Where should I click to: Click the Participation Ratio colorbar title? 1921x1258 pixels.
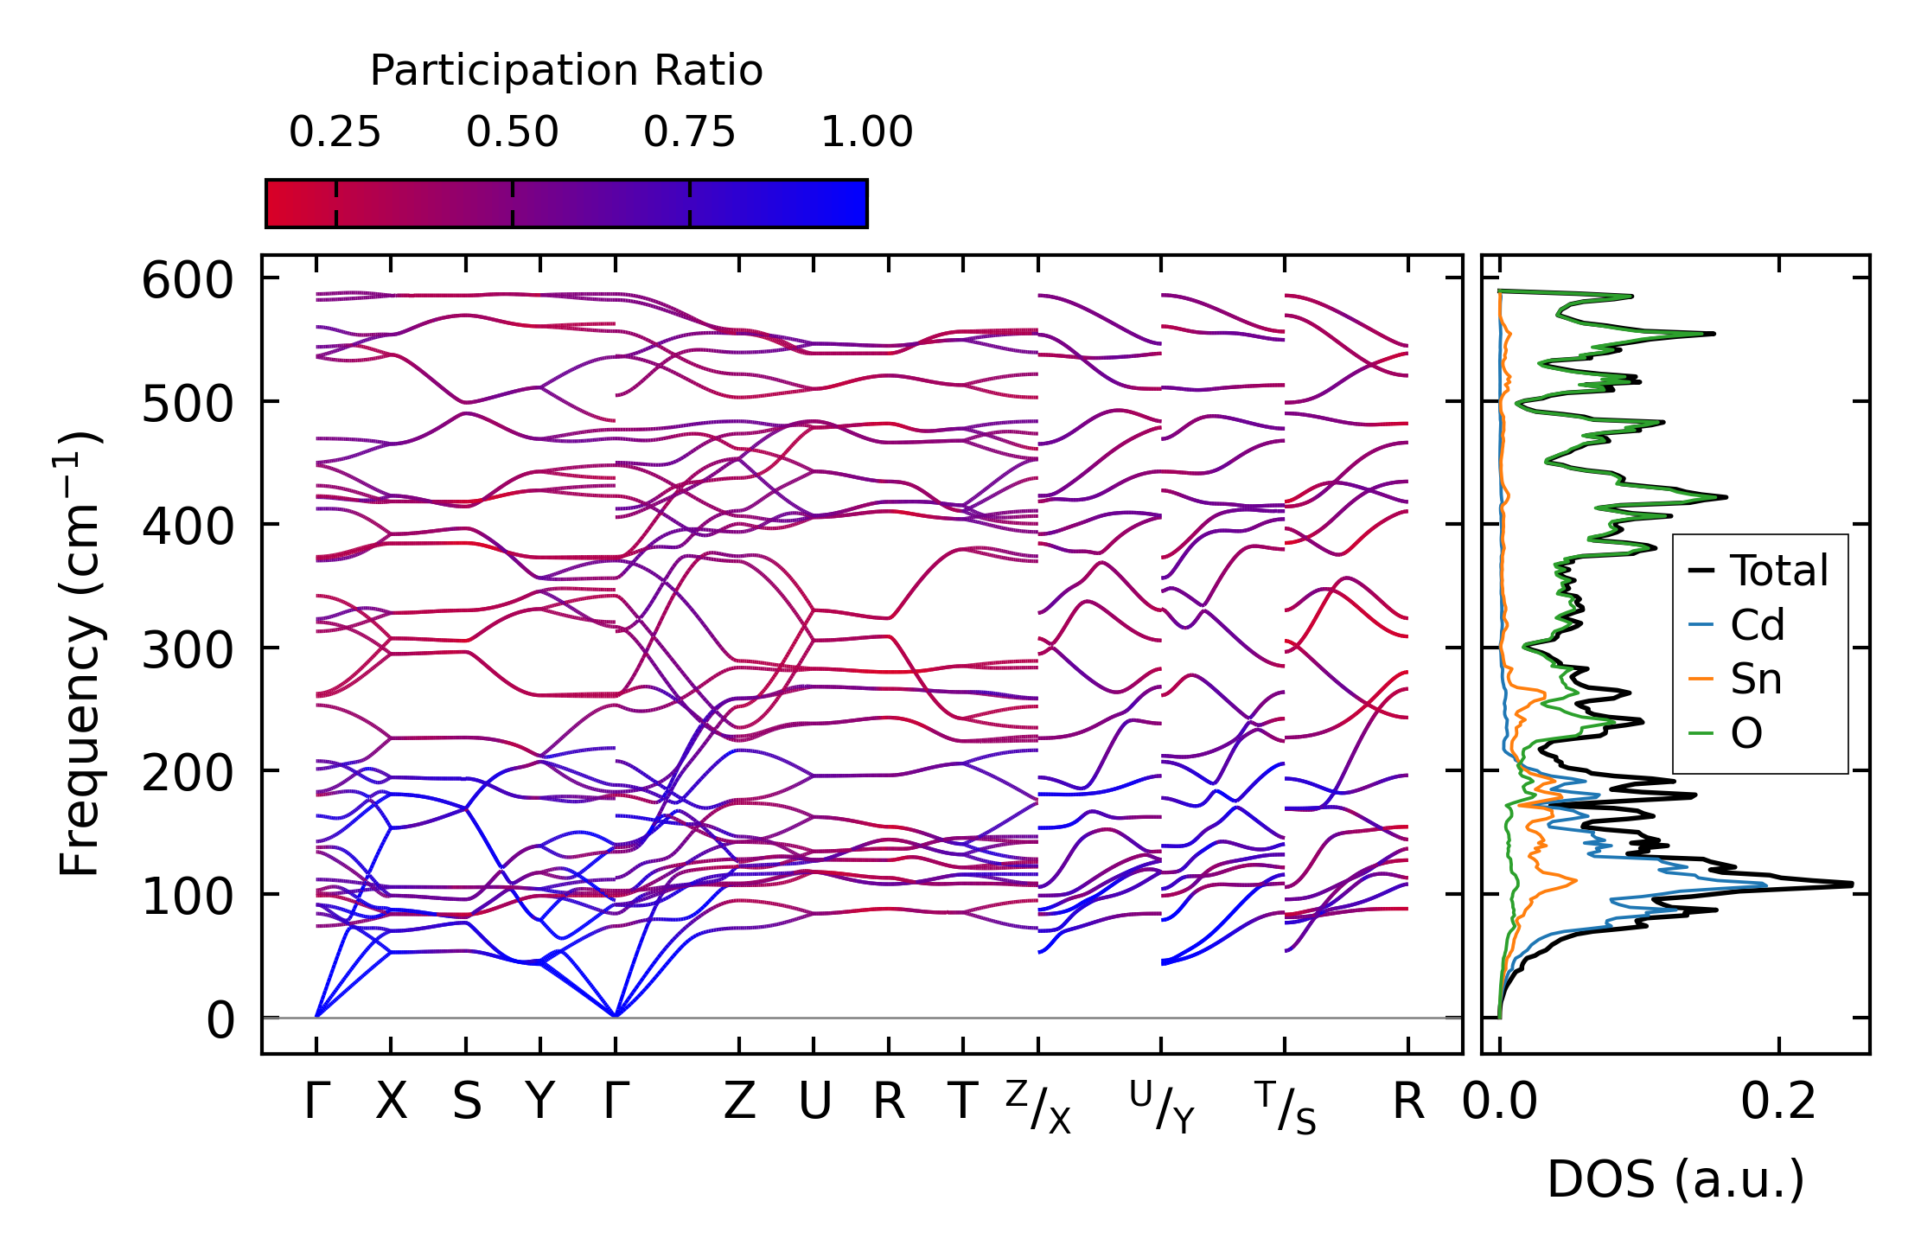click(566, 71)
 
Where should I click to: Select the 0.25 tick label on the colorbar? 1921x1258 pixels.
click(335, 132)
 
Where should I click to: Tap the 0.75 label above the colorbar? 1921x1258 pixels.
click(689, 132)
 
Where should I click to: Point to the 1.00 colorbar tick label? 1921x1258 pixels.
click(866, 132)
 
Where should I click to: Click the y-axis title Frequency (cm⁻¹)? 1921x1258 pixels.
click(80, 653)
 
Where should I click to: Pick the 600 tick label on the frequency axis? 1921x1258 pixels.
click(188, 281)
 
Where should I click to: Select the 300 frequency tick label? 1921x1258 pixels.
click(188, 650)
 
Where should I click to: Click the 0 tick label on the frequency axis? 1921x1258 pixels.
click(220, 1020)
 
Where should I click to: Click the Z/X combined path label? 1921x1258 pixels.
click(1038, 1108)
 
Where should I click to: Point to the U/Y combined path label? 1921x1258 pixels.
click(1162, 1108)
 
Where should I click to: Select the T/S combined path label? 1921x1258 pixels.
click(1286, 1108)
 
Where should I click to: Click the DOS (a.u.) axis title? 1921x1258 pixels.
click(1675, 1180)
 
